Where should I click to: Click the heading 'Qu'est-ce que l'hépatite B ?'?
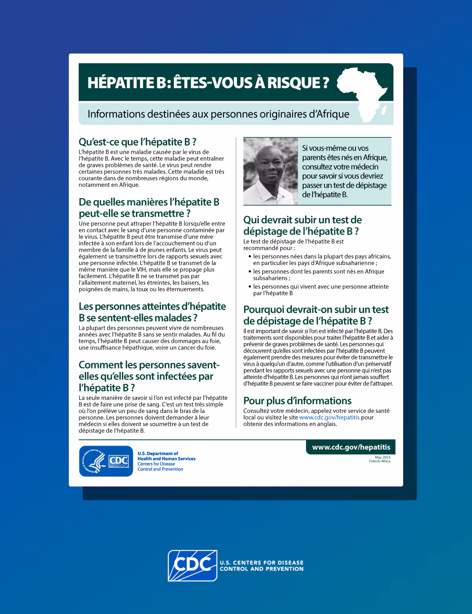(137, 142)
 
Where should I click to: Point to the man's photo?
(270, 171)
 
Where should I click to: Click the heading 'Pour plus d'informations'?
(297, 401)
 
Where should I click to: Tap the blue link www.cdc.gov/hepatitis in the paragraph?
(329, 418)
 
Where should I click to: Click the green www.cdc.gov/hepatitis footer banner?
(351, 447)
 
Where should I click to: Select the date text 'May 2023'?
(382, 457)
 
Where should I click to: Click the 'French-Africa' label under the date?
(380, 461)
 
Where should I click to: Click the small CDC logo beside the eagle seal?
(118, 461)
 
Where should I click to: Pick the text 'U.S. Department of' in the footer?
(158, 453)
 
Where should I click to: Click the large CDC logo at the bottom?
(192, 565)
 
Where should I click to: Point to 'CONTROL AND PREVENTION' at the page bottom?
(262, 569)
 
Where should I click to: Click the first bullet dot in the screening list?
(250, 257)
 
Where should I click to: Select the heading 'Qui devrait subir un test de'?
(302, 220)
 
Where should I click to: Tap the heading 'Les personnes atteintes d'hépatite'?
(152, 306)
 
